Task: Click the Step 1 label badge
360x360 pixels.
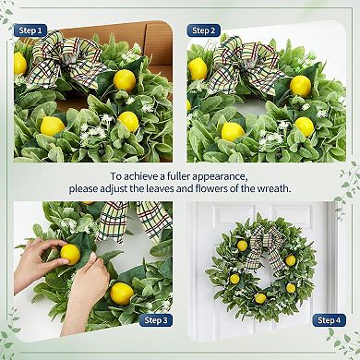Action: (x=30, y=30)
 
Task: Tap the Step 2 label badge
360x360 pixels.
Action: (x=205, y=30)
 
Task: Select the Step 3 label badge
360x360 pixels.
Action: (x=155, y=319)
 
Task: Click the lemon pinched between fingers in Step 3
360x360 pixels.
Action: (x=69, y=254)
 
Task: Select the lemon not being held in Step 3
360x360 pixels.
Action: (x=123, y=293)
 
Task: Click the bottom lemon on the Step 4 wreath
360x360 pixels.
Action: (x=260, y=297)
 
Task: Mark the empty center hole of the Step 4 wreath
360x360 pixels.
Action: (x=261, y=270)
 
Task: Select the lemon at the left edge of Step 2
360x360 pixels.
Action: (x=197, y=68)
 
